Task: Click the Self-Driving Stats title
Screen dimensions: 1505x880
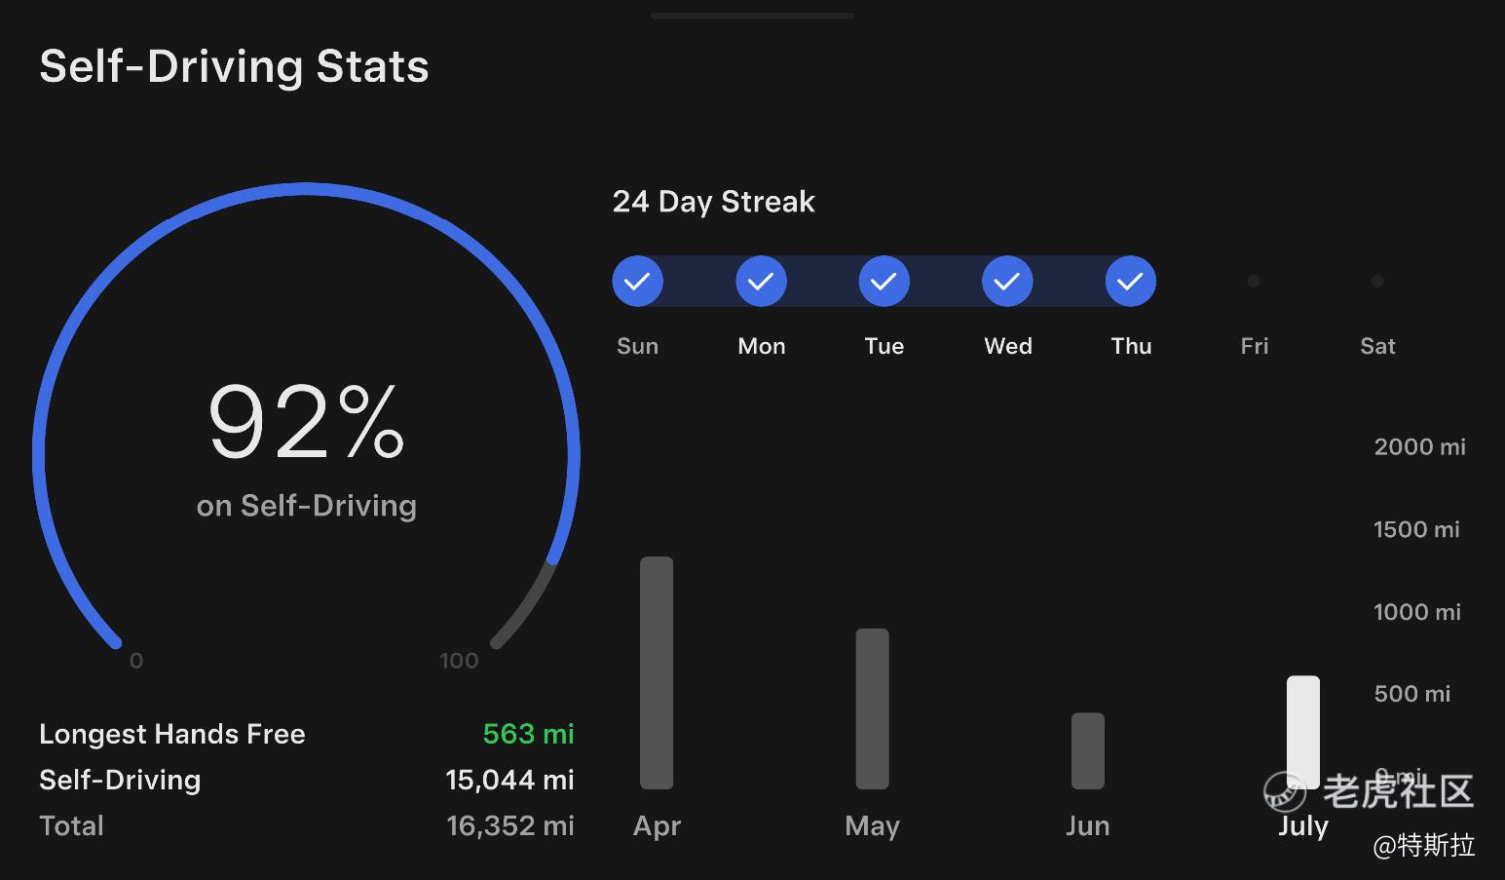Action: coord(234,66)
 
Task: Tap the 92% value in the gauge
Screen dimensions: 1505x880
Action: coord(307,422)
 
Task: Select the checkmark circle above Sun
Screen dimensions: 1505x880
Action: coord(638,281)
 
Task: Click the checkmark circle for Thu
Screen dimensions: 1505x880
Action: coord(1131,281)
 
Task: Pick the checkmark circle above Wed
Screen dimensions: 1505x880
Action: coord(1007,281)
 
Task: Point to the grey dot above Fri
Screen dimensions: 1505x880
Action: coord(1254,281)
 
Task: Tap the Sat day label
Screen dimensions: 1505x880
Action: coord(1377,346)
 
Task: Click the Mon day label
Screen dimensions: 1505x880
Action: coord(761,346)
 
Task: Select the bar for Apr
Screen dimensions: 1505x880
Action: coord(657,672)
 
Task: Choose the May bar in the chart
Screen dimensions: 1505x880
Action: coord(872,708)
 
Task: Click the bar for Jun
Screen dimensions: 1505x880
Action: coord(1088,750)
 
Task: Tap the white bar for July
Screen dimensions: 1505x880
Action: coord(1303,732)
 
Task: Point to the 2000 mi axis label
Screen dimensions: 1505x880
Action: coord(1419,446)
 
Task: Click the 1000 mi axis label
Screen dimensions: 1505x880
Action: coord(1417,612)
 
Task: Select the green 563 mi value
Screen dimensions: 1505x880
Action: coord(529,734)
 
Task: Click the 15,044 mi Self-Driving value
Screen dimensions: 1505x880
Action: coord(510,780)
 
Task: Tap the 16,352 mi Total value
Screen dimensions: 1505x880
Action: coord(510,825)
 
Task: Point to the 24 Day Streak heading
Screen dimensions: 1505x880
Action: coord(713,202)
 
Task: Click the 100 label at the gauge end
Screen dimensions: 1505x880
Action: coord(459,660)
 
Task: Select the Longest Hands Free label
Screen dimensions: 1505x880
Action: coord(172,734)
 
